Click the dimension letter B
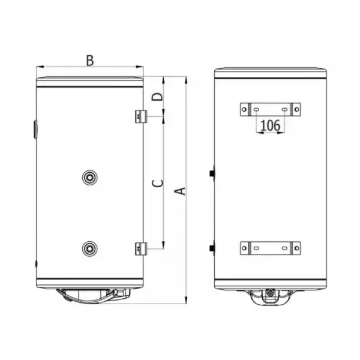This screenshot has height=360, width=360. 90,61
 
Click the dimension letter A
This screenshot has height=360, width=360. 180,191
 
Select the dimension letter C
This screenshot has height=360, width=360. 158,183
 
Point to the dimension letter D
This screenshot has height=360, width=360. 157,97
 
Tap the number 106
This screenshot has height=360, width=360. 270,125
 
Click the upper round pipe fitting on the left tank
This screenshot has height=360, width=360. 90,177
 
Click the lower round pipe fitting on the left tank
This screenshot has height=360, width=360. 90,248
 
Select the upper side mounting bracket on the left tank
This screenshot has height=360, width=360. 141,116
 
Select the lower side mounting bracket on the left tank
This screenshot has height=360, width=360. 141,249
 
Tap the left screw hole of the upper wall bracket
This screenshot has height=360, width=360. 244,110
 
